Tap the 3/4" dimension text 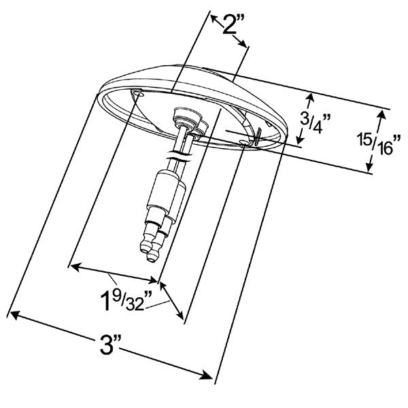(x=315, y=122)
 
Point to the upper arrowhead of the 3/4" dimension (x=310, y=96)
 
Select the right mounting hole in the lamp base (x=245, y=142)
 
